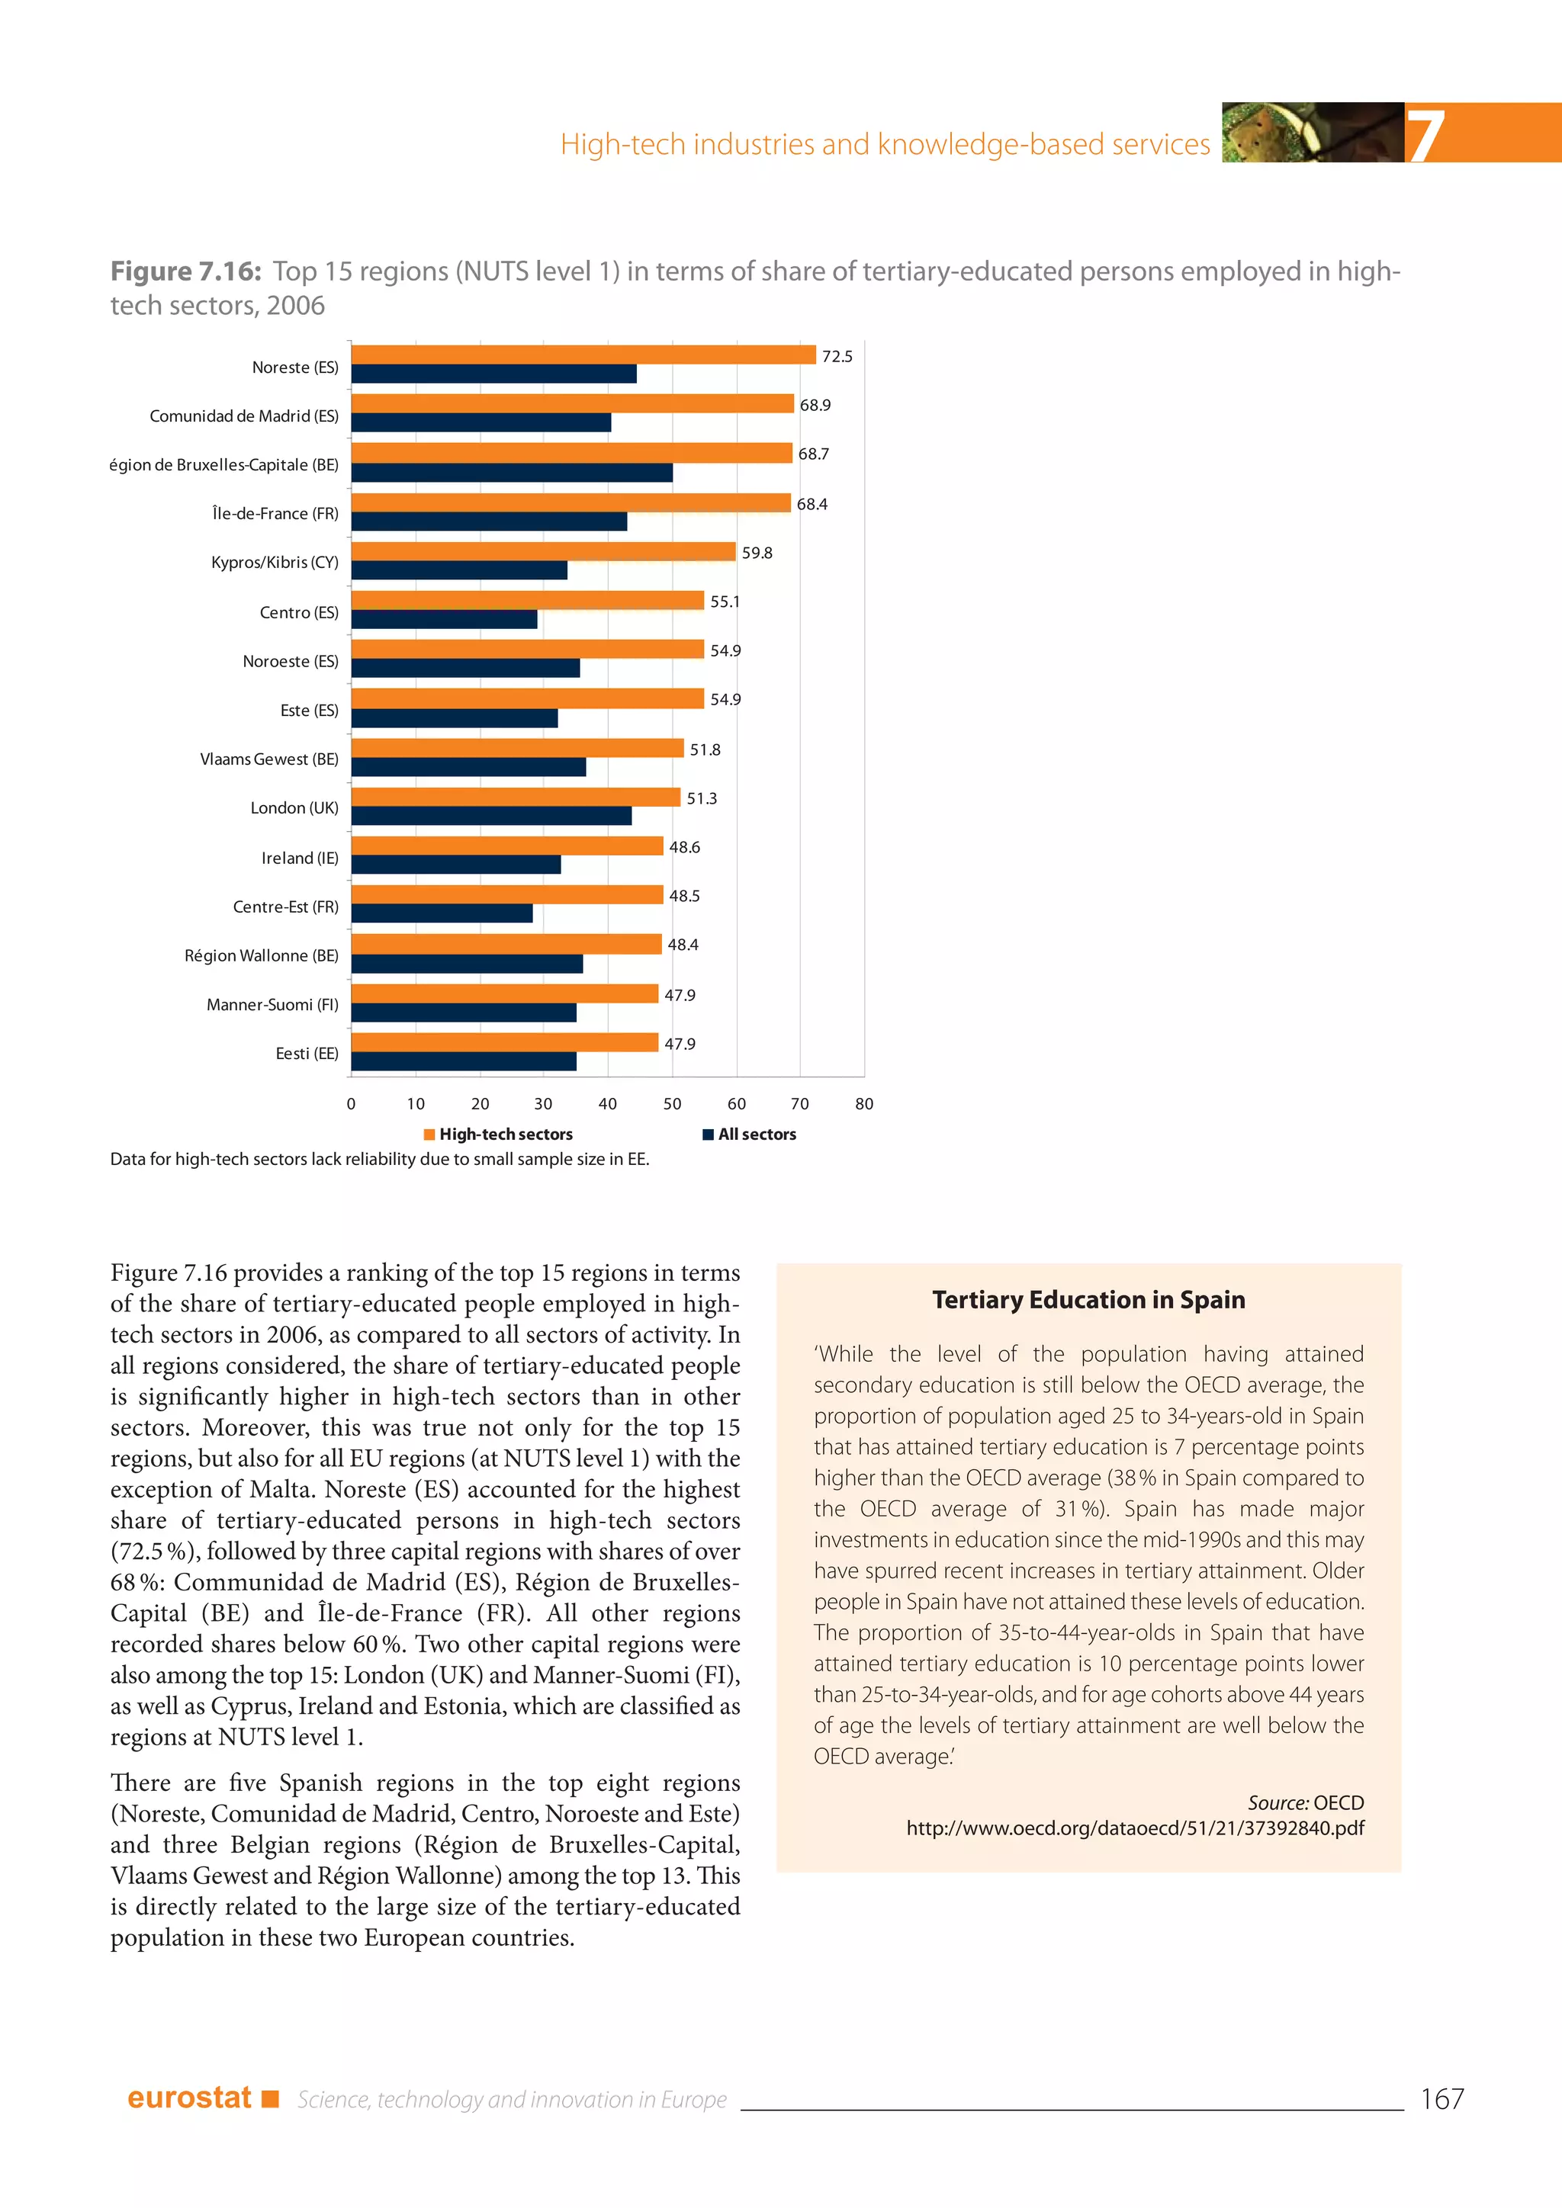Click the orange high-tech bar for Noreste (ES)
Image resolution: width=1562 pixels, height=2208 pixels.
tap(583, 355)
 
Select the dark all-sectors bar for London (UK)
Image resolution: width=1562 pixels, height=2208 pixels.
tap(491, 816)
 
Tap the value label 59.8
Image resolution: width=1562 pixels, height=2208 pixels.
tap(757, 553)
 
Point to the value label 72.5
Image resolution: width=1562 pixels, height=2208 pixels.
tap(837, 357)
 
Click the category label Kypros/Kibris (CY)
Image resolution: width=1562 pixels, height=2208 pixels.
tap(275, 563)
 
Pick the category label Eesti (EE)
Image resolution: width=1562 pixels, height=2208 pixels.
tap(307, 1054)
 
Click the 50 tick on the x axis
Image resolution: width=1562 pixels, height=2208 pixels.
tap(672, 1104)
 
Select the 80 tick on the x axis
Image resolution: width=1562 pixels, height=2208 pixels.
tap(863, 1104)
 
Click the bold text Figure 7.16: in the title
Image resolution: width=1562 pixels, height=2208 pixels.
tap(185, 272)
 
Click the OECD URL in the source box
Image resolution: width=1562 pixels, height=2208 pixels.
tap(1135, 1828)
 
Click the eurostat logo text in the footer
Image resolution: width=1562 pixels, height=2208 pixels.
tap(189, 2097)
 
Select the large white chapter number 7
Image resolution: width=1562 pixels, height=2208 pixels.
tap(1425, 135)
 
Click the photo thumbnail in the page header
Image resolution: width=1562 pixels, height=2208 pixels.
tap(1312, 133)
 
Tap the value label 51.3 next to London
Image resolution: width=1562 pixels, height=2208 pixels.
tap(701, 799)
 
